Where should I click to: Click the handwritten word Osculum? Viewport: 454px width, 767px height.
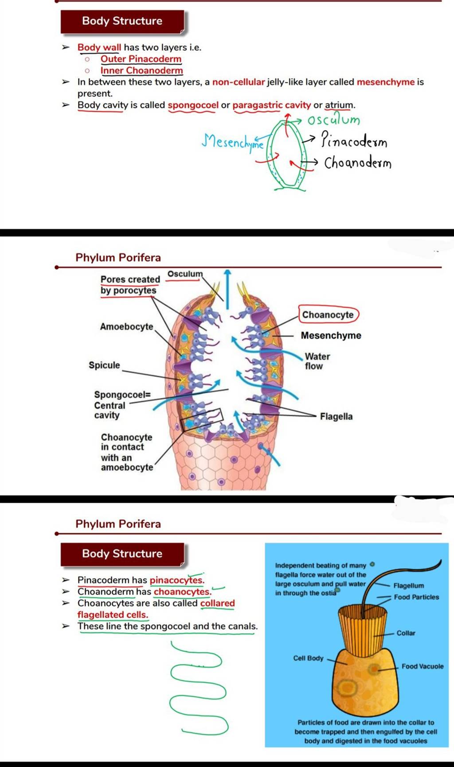click(x=334, y=120)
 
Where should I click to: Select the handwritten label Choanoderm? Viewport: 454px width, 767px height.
click(x=357, y=163)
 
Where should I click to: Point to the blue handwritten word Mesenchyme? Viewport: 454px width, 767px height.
click(x=232, y=142)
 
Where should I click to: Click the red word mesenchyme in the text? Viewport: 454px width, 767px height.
click(x=386, y=82)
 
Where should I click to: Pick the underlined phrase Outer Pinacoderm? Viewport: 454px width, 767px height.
click(x=141, y=59)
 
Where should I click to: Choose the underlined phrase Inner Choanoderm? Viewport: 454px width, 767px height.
click(x=141, y=70)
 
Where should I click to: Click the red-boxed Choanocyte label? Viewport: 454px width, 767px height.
click(x=328, y=315)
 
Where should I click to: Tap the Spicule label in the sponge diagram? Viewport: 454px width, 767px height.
click(x=104, y=365)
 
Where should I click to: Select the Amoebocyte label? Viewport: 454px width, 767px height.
click(x=126, y=327)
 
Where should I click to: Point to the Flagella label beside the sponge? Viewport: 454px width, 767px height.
click(x=336, y=417)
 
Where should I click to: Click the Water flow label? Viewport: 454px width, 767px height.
click(x=317, y=361)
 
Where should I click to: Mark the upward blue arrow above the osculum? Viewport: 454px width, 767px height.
click(x=227, y=288)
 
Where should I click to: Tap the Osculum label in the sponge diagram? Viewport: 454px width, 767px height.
click(x=184, y=274)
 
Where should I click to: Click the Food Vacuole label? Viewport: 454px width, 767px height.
click(x=422, y=666)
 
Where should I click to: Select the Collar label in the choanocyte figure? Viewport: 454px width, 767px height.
click(x=406, y=633)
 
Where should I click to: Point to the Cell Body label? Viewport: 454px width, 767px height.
click(x=308, y=659)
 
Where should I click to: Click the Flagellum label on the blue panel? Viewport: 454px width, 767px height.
click(x=408, y=586)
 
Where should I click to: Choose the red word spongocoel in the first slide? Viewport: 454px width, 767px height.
click(x=193, y=105)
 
